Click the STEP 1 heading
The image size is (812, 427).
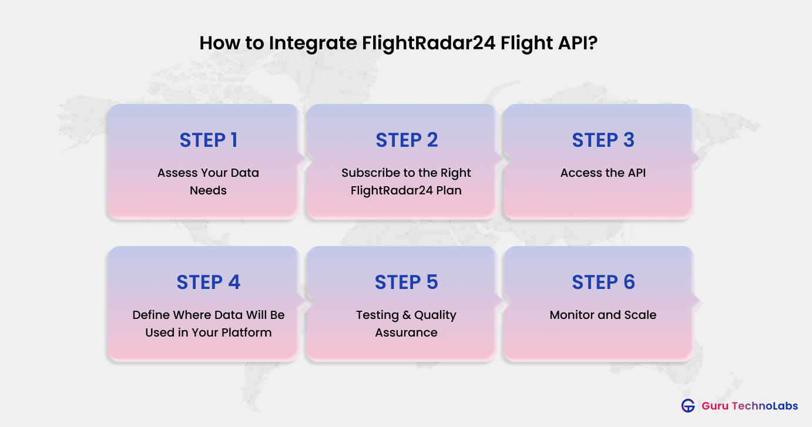click(x=208, y=140)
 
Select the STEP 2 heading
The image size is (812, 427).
click(x=407, y=140)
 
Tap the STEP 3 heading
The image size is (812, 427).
click(x=603, y=140)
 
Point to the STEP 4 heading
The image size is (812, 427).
click(x=208, y=283)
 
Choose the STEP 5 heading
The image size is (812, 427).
click(x=407, y=283)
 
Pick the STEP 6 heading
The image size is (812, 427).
click(x=603, y=283)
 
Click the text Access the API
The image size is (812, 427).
click(x=603, y=173)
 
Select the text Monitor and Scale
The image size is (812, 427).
click(x=603, y=315)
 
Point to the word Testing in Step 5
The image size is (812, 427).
click(x=377, y=315)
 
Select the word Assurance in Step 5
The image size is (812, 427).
click(x=407, y=332)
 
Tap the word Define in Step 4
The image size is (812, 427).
click(x=150, y=315)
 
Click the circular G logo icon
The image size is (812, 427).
click(x=687, y=406)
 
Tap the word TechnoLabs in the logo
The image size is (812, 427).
click(x=764, y=406)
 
